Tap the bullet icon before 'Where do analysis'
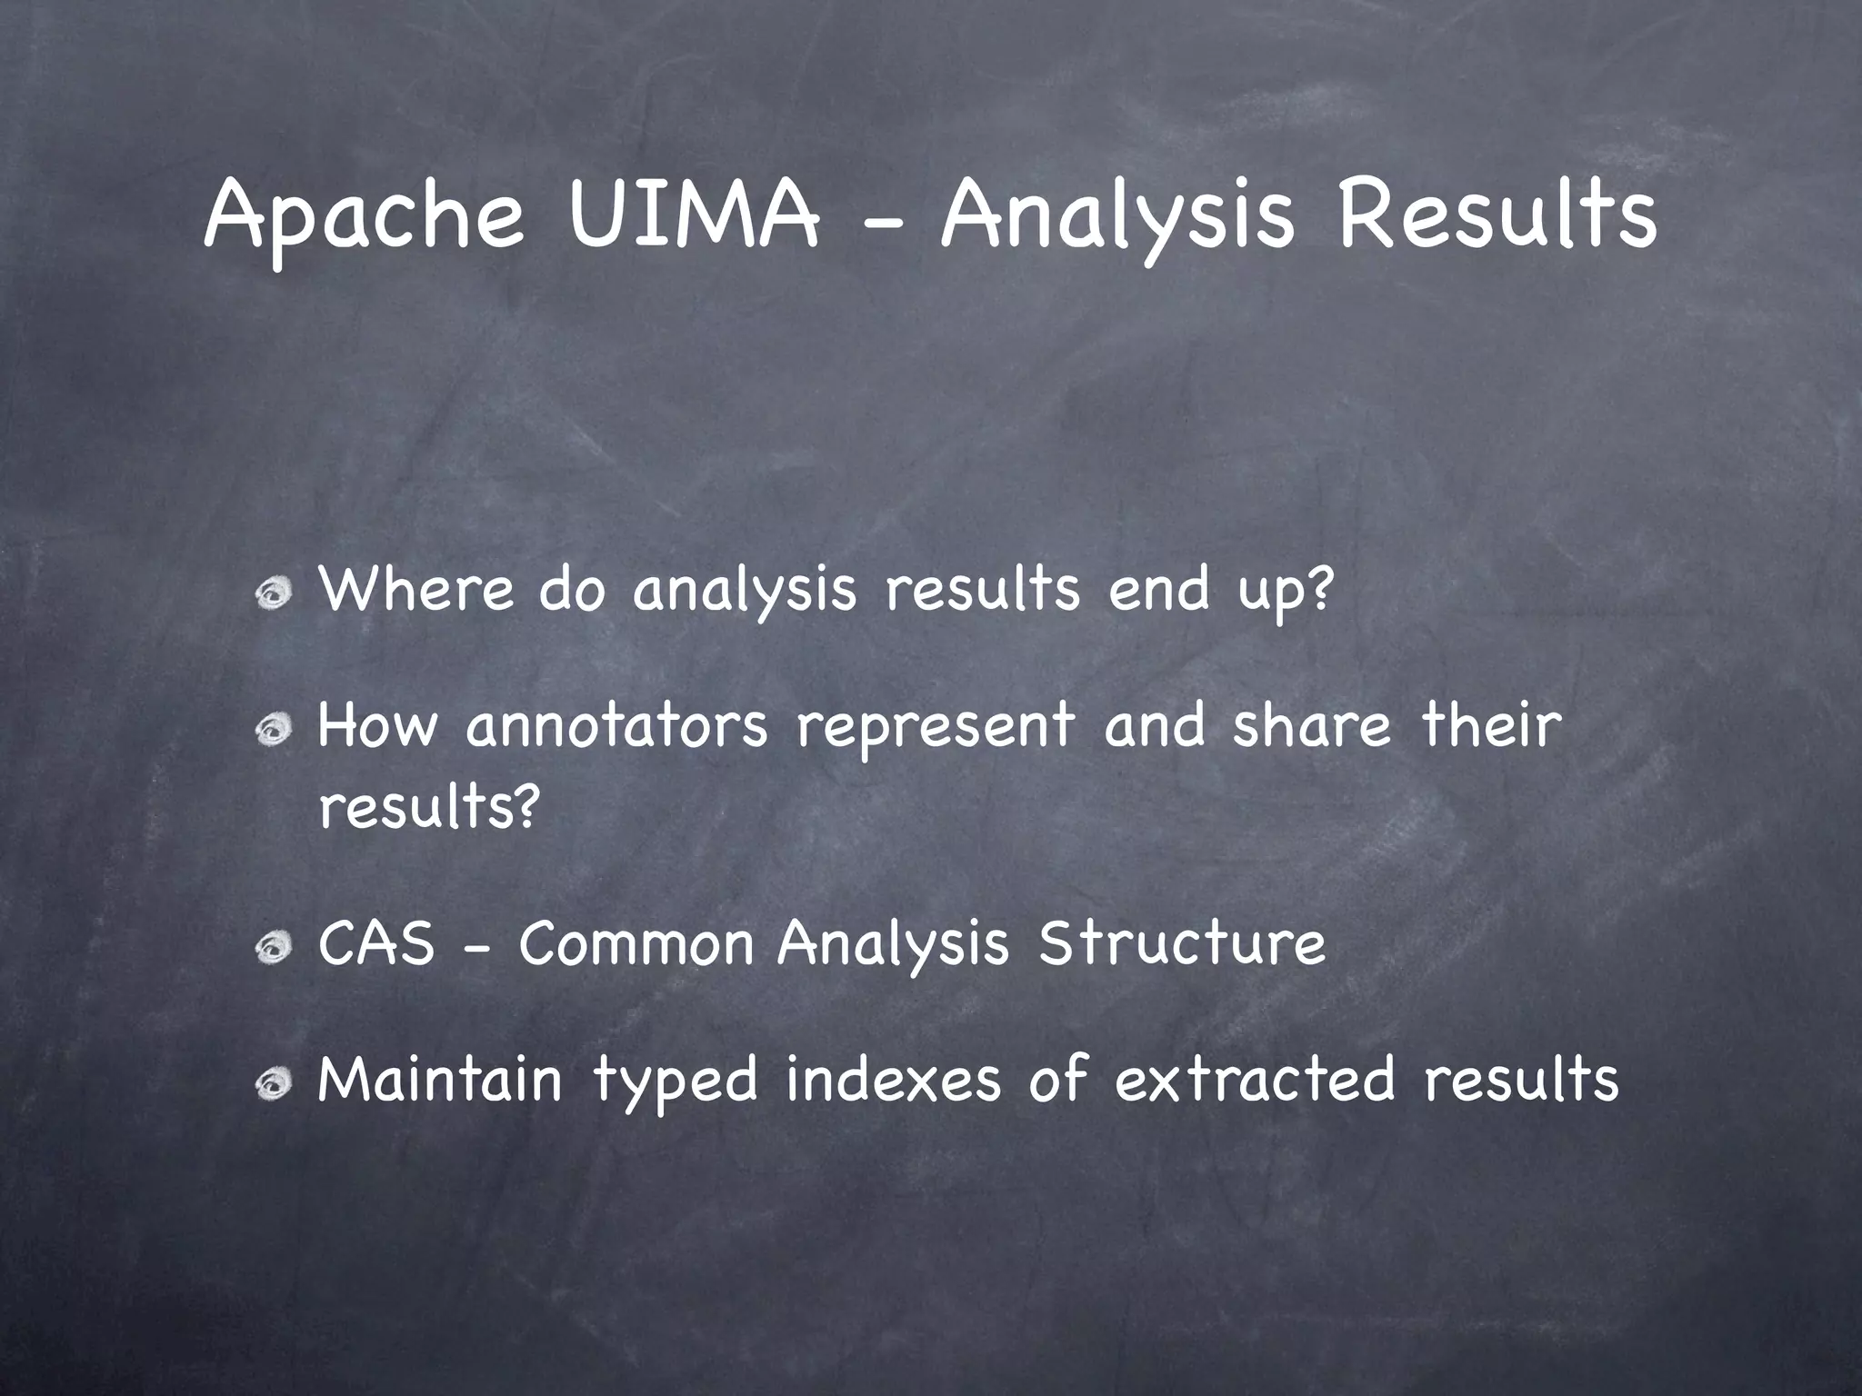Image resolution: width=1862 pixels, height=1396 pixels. [x=273, y=595]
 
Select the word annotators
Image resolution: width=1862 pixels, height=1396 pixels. [x=617, y=726]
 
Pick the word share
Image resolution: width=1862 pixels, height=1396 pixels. [x=1311, y=726]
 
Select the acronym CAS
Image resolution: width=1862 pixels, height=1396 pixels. [x=376, y=943]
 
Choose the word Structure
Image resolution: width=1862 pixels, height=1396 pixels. [x=1181, y=943]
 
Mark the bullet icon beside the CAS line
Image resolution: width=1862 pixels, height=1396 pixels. [x=273, y=950]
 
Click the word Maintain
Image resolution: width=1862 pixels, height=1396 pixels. [x=440, y=1080]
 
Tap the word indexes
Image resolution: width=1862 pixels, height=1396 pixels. [x=893, y=1080]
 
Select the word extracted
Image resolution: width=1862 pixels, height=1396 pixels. [x=1255, y=1080]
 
